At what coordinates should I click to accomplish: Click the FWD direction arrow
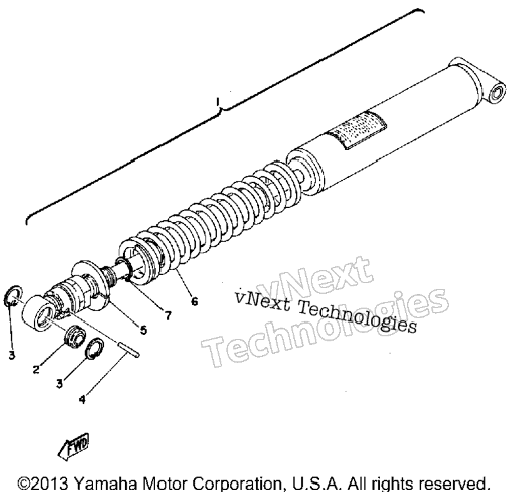point(73,446)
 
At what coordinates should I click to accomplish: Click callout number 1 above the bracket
point(218,101)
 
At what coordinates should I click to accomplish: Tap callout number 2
point(36,369)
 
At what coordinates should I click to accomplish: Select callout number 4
point(82,399)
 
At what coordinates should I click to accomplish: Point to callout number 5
point(143,330)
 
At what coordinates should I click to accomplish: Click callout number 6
point(194,301)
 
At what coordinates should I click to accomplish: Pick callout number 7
point(168,315)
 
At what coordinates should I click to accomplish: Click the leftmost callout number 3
point(12,355)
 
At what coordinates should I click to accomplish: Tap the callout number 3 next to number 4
point(59,384)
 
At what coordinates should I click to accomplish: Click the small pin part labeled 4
point(129,349)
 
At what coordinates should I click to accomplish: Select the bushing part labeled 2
point(76,336)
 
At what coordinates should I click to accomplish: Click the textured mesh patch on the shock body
point(357,130)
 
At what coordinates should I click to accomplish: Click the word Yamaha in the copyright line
point(106,483)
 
